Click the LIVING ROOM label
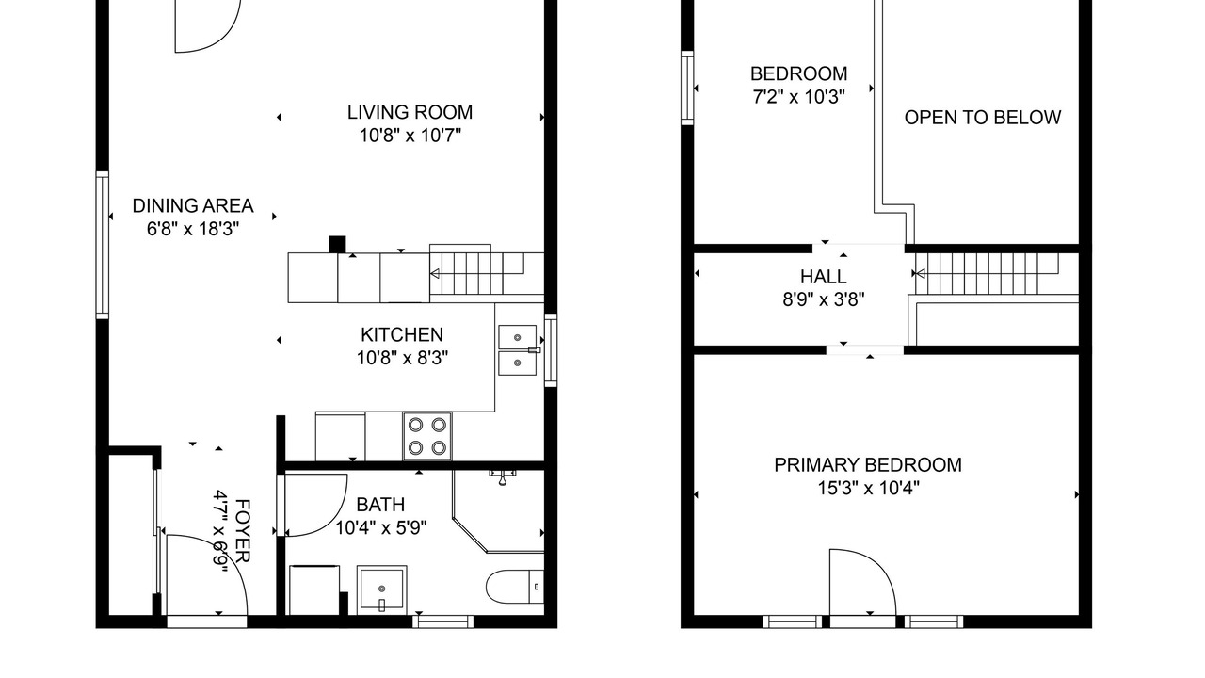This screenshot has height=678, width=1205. [x=410, y=112]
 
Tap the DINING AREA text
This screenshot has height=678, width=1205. [x=193, y=206]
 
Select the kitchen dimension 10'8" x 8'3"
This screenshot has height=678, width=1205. [x=402, y=358]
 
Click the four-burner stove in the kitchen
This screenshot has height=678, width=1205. [x=427, y=436]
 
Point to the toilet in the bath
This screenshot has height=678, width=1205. [x=515, y=586]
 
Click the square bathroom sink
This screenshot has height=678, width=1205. [x=382, y=589]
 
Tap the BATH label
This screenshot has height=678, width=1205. [x=380, y=505]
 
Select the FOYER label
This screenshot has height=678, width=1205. [x=243, y=530]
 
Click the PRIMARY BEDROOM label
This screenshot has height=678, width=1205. [x=868, y=465]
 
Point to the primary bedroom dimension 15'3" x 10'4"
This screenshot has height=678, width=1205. [x=868, y=488]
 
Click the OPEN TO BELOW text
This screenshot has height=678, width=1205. [x=982, y=118]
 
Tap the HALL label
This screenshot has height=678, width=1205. [x=823, y=277]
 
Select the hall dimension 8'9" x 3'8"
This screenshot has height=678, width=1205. [x=823, y=299]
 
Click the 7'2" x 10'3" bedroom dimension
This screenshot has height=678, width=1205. [x=798, y=97]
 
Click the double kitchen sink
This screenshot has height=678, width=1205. [x=517, y=349]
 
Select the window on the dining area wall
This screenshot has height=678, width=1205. [x=103, y=245]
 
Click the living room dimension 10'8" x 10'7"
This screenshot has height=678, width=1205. [x=410, y=135]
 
